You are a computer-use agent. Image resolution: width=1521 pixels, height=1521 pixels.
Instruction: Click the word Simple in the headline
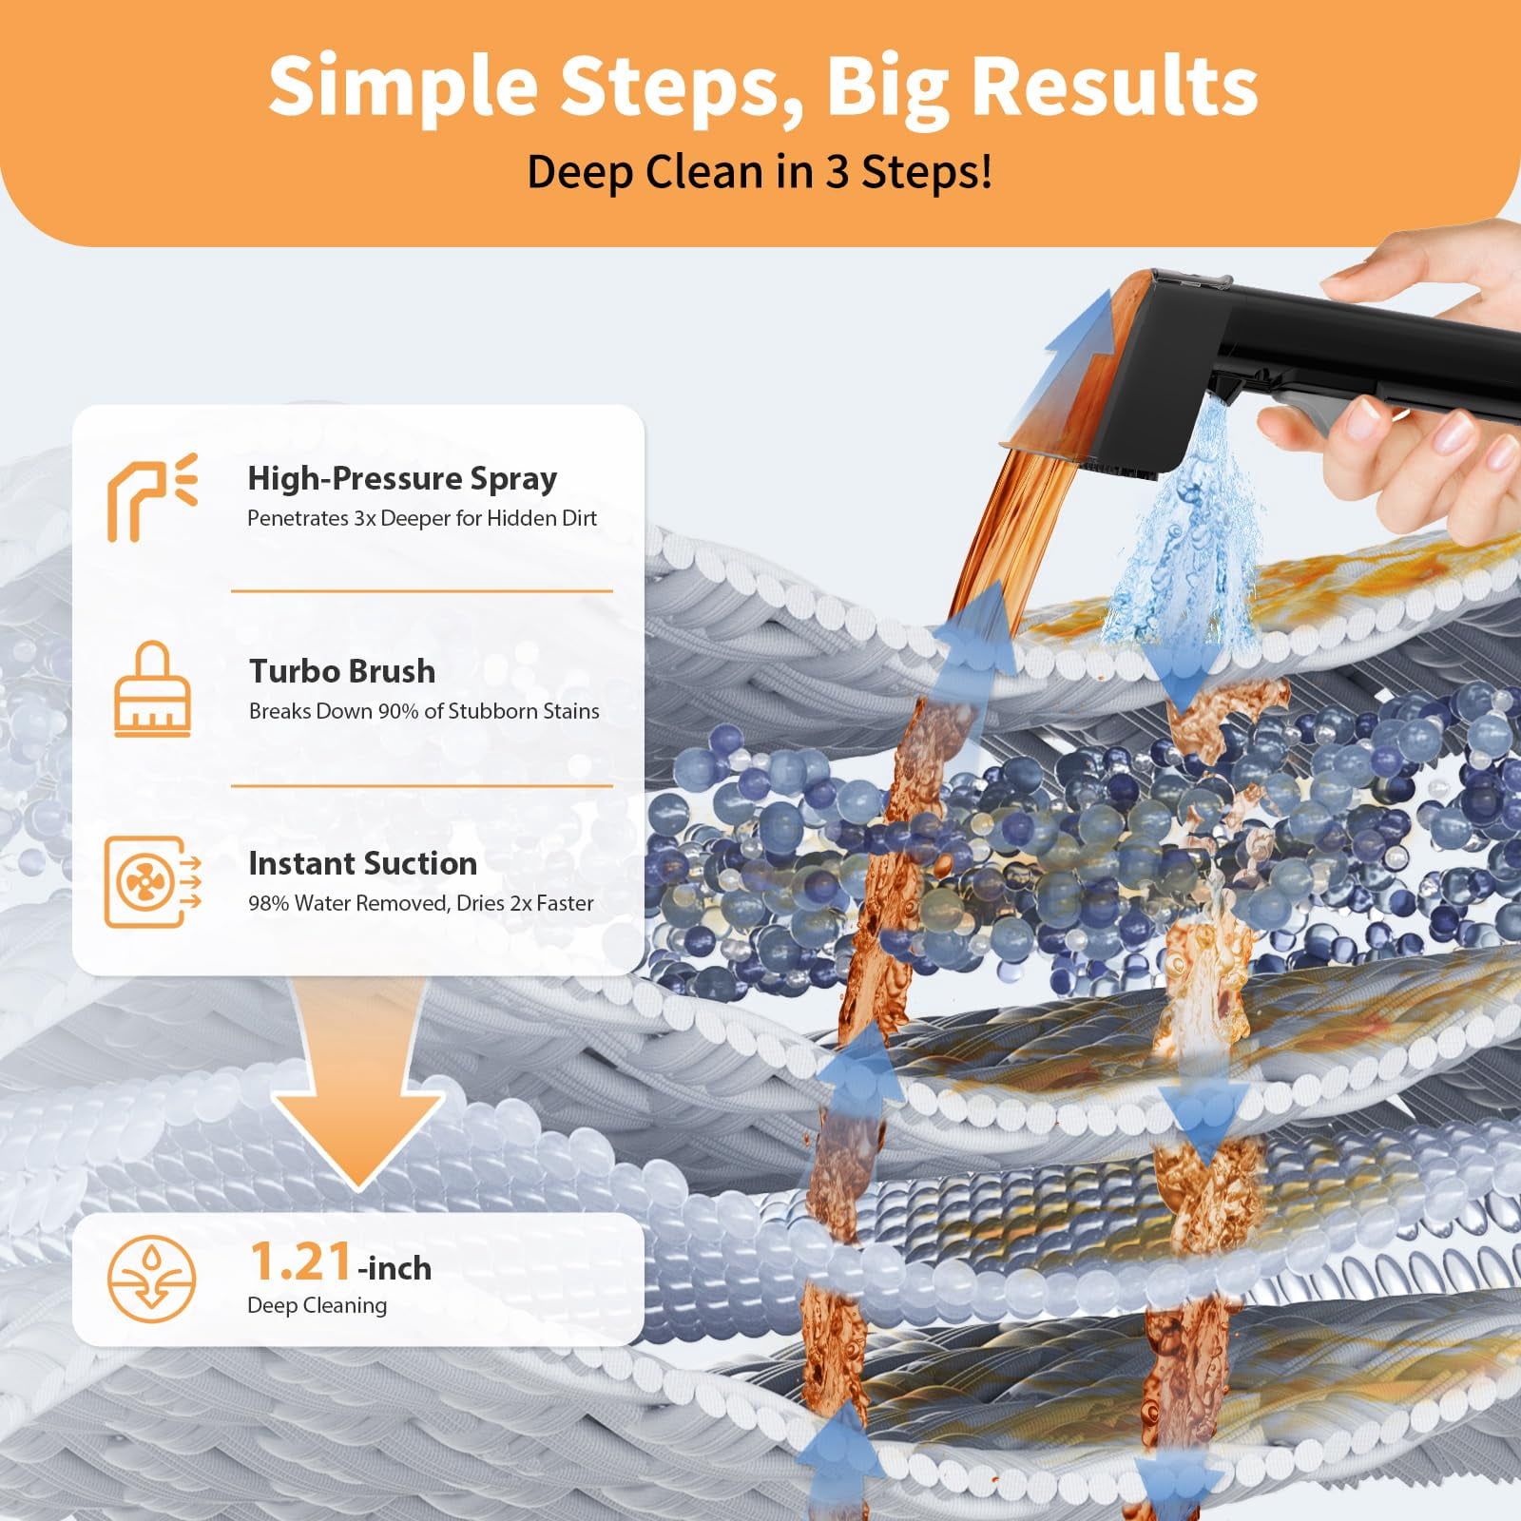coord(403,87)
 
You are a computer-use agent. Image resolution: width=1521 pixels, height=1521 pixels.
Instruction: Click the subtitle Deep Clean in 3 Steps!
coord(760,172)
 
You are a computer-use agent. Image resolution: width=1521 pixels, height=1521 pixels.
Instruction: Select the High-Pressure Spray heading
coord(402,478)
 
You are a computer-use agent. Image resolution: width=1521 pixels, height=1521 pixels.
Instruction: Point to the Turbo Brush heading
coord(342,671)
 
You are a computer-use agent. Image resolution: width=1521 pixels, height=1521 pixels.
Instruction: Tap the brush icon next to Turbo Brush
coord(152,689)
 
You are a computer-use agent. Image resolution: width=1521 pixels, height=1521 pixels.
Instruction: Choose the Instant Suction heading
coord(362,863)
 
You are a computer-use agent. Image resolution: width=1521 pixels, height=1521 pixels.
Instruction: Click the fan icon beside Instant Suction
coord(152,881)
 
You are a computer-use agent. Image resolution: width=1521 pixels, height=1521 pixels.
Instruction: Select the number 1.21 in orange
coord(301,1262)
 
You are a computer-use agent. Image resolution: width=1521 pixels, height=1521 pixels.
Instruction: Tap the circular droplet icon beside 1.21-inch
coord(152,1279)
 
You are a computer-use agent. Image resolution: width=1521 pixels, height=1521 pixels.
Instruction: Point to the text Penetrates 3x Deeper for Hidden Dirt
coord(422,518)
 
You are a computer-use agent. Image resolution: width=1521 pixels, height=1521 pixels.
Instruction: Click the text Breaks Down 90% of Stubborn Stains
coord(424,711)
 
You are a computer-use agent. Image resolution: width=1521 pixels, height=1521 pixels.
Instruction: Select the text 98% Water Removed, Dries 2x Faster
coord(421,903)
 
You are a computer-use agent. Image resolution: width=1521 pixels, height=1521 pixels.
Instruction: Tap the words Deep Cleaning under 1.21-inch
coord(317,1305)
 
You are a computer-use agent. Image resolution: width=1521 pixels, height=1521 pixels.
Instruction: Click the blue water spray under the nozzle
coord(1174,532)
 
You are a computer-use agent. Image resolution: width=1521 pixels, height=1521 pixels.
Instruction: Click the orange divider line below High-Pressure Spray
coord(422,591)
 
